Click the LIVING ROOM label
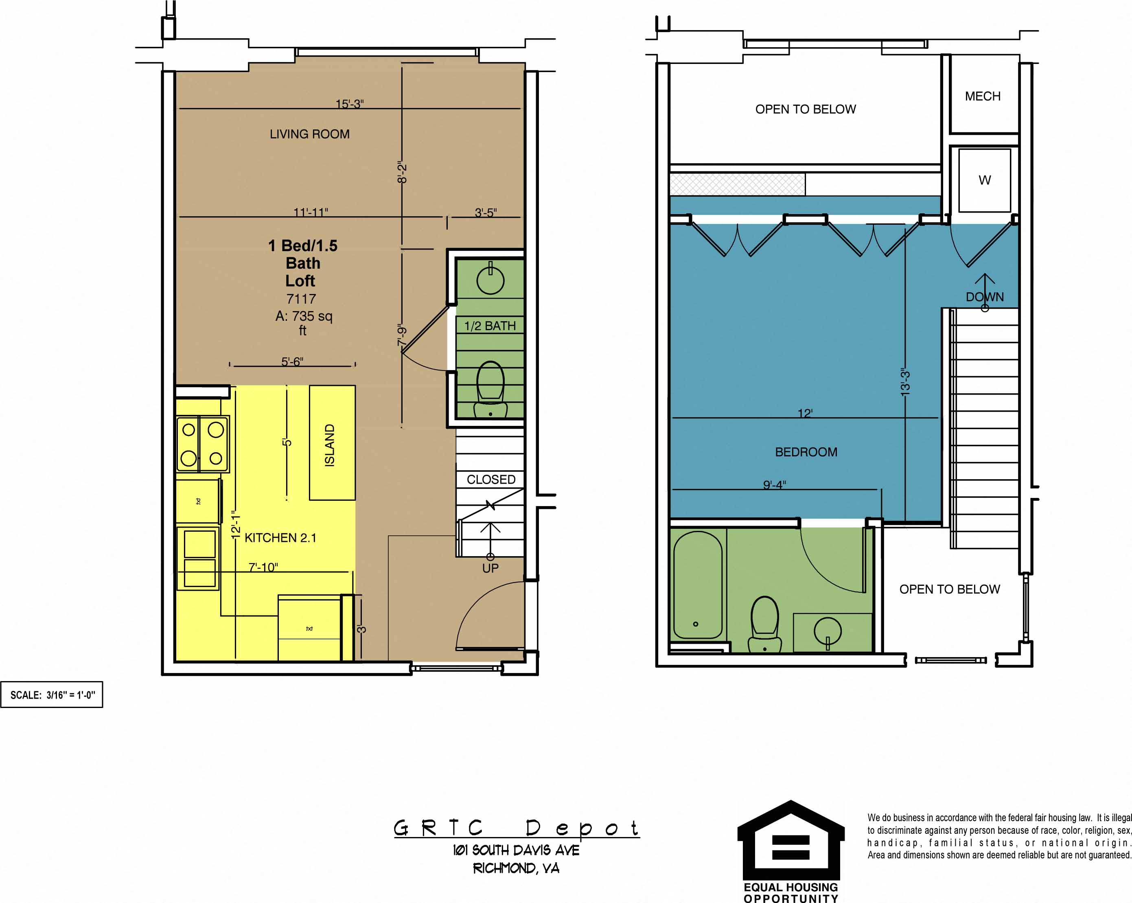309,134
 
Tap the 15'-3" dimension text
350,104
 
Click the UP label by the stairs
490,568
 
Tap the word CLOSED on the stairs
491,479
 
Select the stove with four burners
202,444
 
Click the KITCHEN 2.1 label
280,537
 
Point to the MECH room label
982,96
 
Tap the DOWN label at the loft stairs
985,297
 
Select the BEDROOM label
806,452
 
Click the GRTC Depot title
516,828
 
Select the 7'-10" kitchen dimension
263,567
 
